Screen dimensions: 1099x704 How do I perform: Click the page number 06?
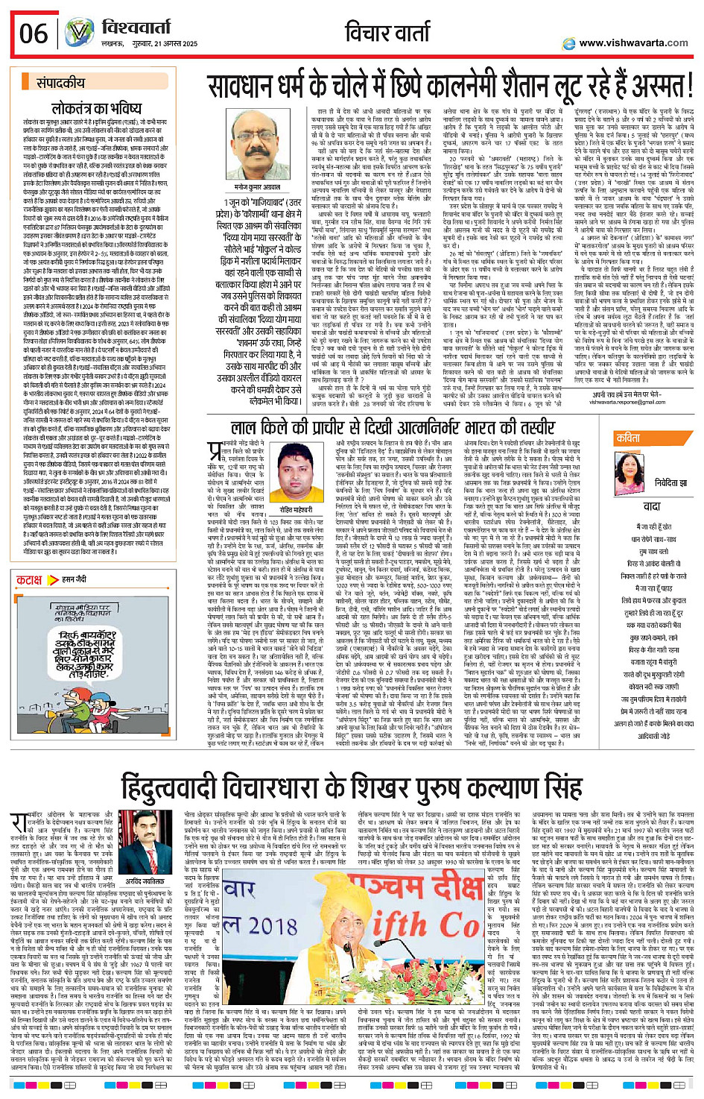(x=34, y=34)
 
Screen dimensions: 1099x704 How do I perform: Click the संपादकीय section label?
(x=60, y=83)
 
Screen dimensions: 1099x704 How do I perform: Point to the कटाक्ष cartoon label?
(x=30, y=579)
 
